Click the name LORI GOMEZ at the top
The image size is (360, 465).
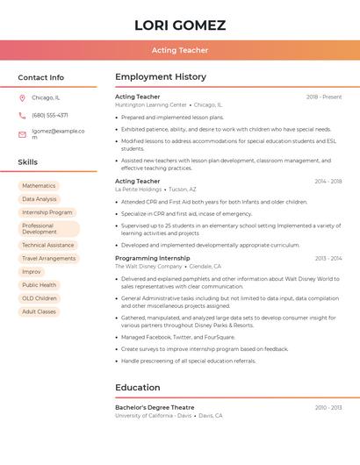tap(180, 25)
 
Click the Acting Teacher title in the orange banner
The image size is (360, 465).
tap(180, 50)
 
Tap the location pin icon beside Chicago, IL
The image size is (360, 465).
tap(22, 97)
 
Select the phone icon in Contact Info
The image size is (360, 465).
tap(22, 115)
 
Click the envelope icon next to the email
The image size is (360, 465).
tap(22, 134)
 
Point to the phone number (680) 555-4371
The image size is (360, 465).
tap(50, 115)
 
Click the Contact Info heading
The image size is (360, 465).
tap(41, 77)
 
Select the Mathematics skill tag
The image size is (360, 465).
tap(39, 186)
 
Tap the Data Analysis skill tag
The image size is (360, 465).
tap(40, 199)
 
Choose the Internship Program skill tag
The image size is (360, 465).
tap(47, 212)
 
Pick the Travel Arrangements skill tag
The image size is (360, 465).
tap(49, 259)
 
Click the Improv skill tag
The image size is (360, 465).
tap(32, 272)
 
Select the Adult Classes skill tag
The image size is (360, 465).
tap(39, 311)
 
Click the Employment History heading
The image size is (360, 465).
tap(161, 77)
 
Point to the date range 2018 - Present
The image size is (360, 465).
tap(324, 97)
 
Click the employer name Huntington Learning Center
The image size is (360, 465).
tap(151, 104)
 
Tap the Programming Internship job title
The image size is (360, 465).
tap(152, 259)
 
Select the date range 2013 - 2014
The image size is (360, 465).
tap(328, 259)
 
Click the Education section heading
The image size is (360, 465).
tap(138, 387)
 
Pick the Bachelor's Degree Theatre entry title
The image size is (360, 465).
tap(155, 408)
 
